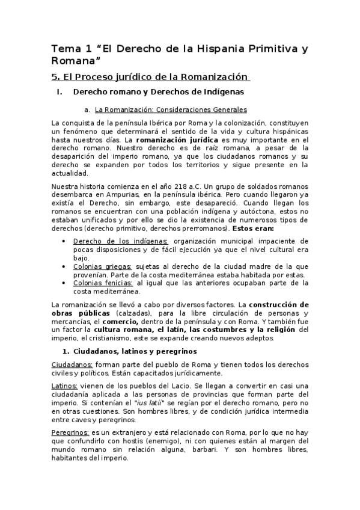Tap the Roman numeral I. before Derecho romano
click(x=59, y=93)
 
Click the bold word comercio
click(x=144, y=321)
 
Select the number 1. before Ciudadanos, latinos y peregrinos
click(x=67, y=351)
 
